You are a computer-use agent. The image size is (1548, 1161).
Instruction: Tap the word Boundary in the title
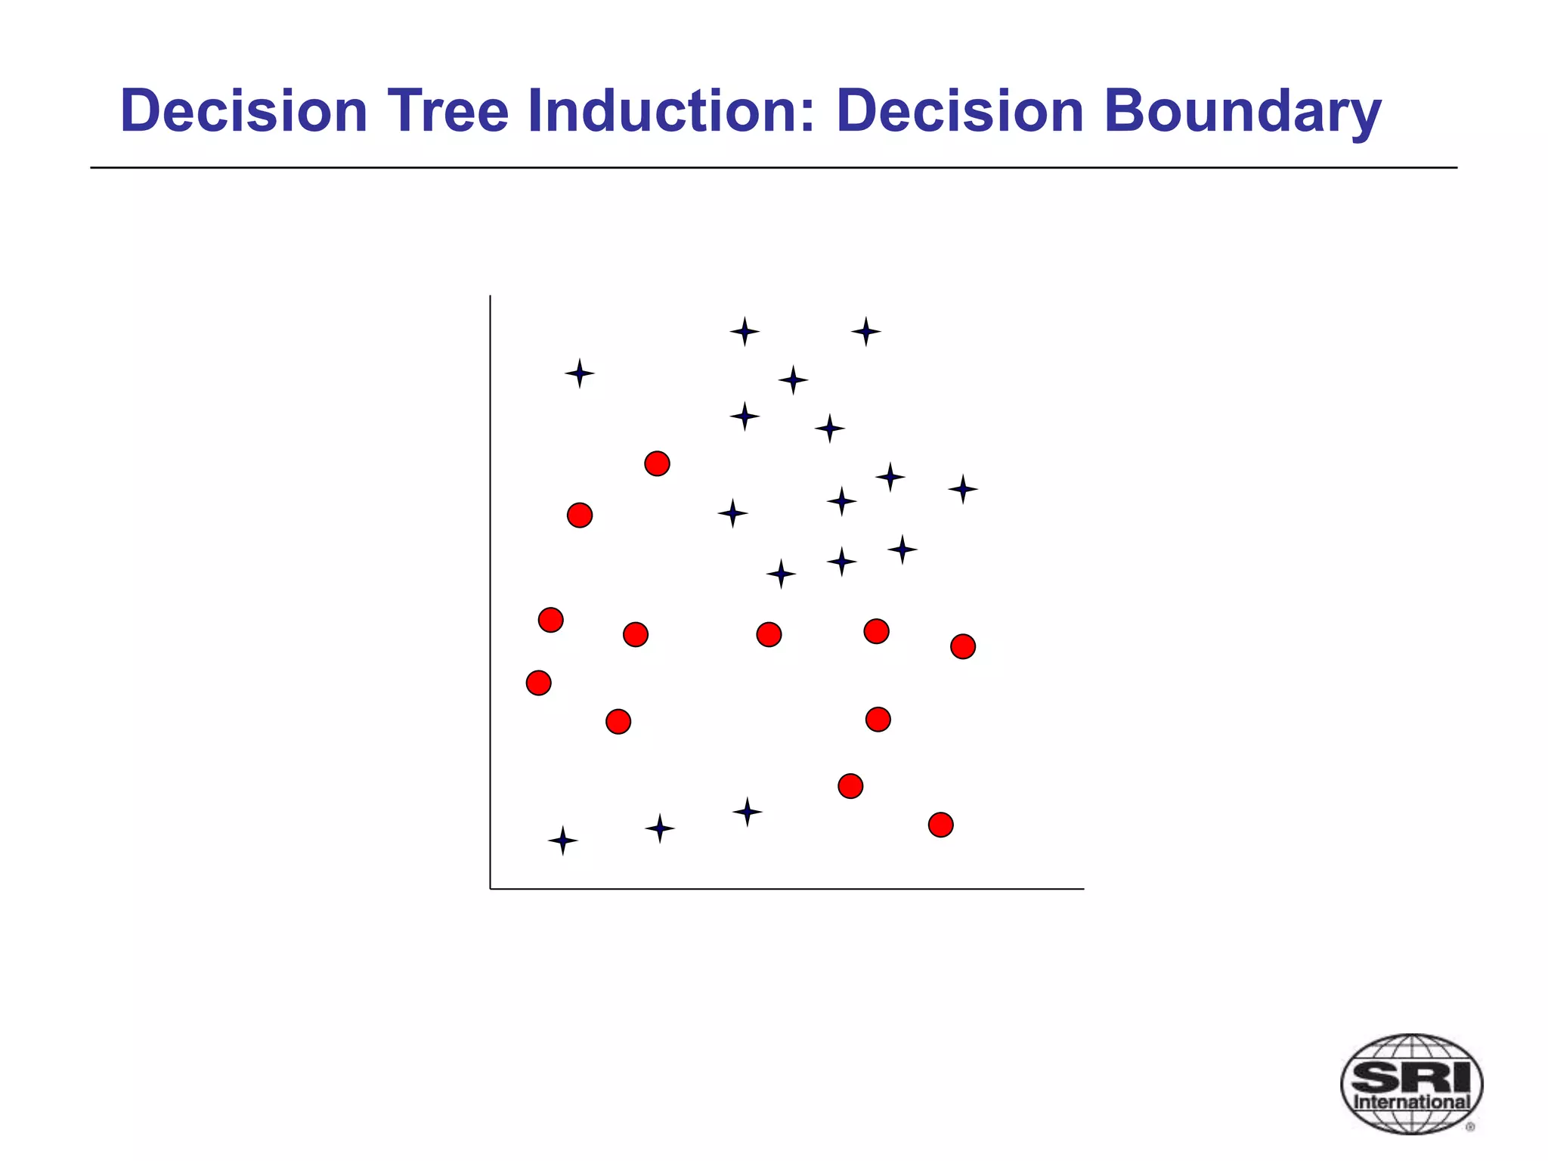(1242, 111)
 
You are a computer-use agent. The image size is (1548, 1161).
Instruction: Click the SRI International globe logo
(1411, 1084)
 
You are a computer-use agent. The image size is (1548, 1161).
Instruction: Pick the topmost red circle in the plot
(657, 463)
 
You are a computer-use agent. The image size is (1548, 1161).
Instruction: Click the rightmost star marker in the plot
(963, 489)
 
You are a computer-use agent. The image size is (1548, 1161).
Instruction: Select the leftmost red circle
(538, 683)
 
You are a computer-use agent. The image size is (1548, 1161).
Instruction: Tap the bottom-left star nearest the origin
(562, 841)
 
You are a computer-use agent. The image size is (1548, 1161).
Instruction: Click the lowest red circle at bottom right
(940, 825)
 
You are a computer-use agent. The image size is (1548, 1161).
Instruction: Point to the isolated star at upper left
(579, 373)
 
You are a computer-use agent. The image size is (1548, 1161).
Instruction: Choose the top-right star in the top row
(865, 331)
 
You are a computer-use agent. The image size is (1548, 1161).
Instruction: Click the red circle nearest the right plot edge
(962, 646)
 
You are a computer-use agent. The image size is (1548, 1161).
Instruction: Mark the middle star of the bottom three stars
(659, 828)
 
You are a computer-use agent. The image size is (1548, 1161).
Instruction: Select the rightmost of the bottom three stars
(747, 812)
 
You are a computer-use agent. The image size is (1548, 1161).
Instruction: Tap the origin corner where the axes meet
(491, 889)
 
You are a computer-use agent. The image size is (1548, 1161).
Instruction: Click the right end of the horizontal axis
(1082, 889)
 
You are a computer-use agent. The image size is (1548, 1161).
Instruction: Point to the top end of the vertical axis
(491, 296)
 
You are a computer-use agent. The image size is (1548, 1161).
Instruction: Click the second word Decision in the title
(960, 111)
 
